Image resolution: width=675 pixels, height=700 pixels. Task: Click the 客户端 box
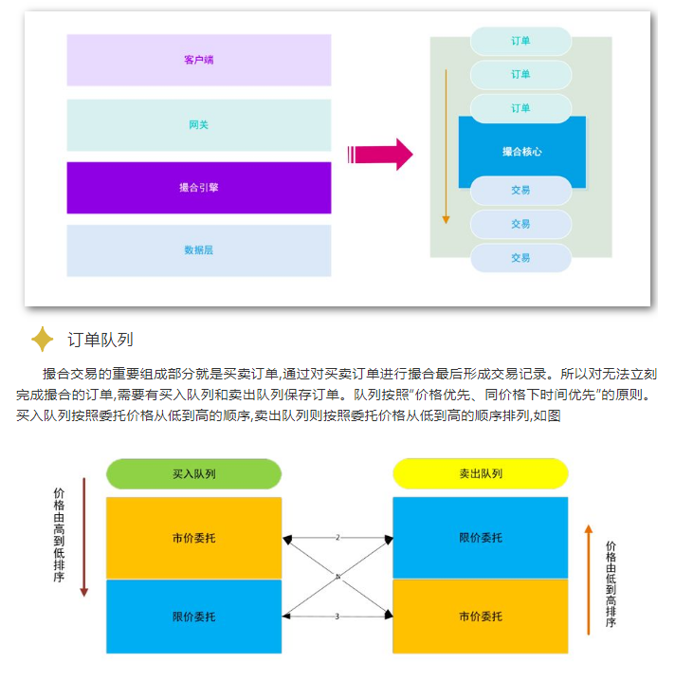coord(198,60)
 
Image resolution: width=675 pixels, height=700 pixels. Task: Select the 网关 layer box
coord(198,124)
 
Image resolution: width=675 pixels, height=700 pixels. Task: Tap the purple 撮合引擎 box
coord(198,187)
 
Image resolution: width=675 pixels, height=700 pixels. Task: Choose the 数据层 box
coord(198,250)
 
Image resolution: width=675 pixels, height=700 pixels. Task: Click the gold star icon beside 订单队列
coord(43,339)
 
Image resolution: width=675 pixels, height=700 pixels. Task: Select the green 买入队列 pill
coord(193,473)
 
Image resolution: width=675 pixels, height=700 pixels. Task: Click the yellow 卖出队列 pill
coord(481,473)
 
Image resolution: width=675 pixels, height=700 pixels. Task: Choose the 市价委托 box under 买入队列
coord(193,538)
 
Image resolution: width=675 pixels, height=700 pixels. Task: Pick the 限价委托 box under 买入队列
coord(193,617)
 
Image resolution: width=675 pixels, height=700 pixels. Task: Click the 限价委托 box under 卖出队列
coord(481,538)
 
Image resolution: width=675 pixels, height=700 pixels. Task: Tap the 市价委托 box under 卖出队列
coord(481,617)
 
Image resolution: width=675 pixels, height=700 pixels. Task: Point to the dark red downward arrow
coord(83,537)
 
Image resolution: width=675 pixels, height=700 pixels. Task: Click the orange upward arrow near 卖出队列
coord(589,579)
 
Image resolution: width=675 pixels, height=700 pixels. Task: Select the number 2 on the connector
coord(337,538)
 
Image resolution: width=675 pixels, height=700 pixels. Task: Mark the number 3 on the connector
coord(337,617)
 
